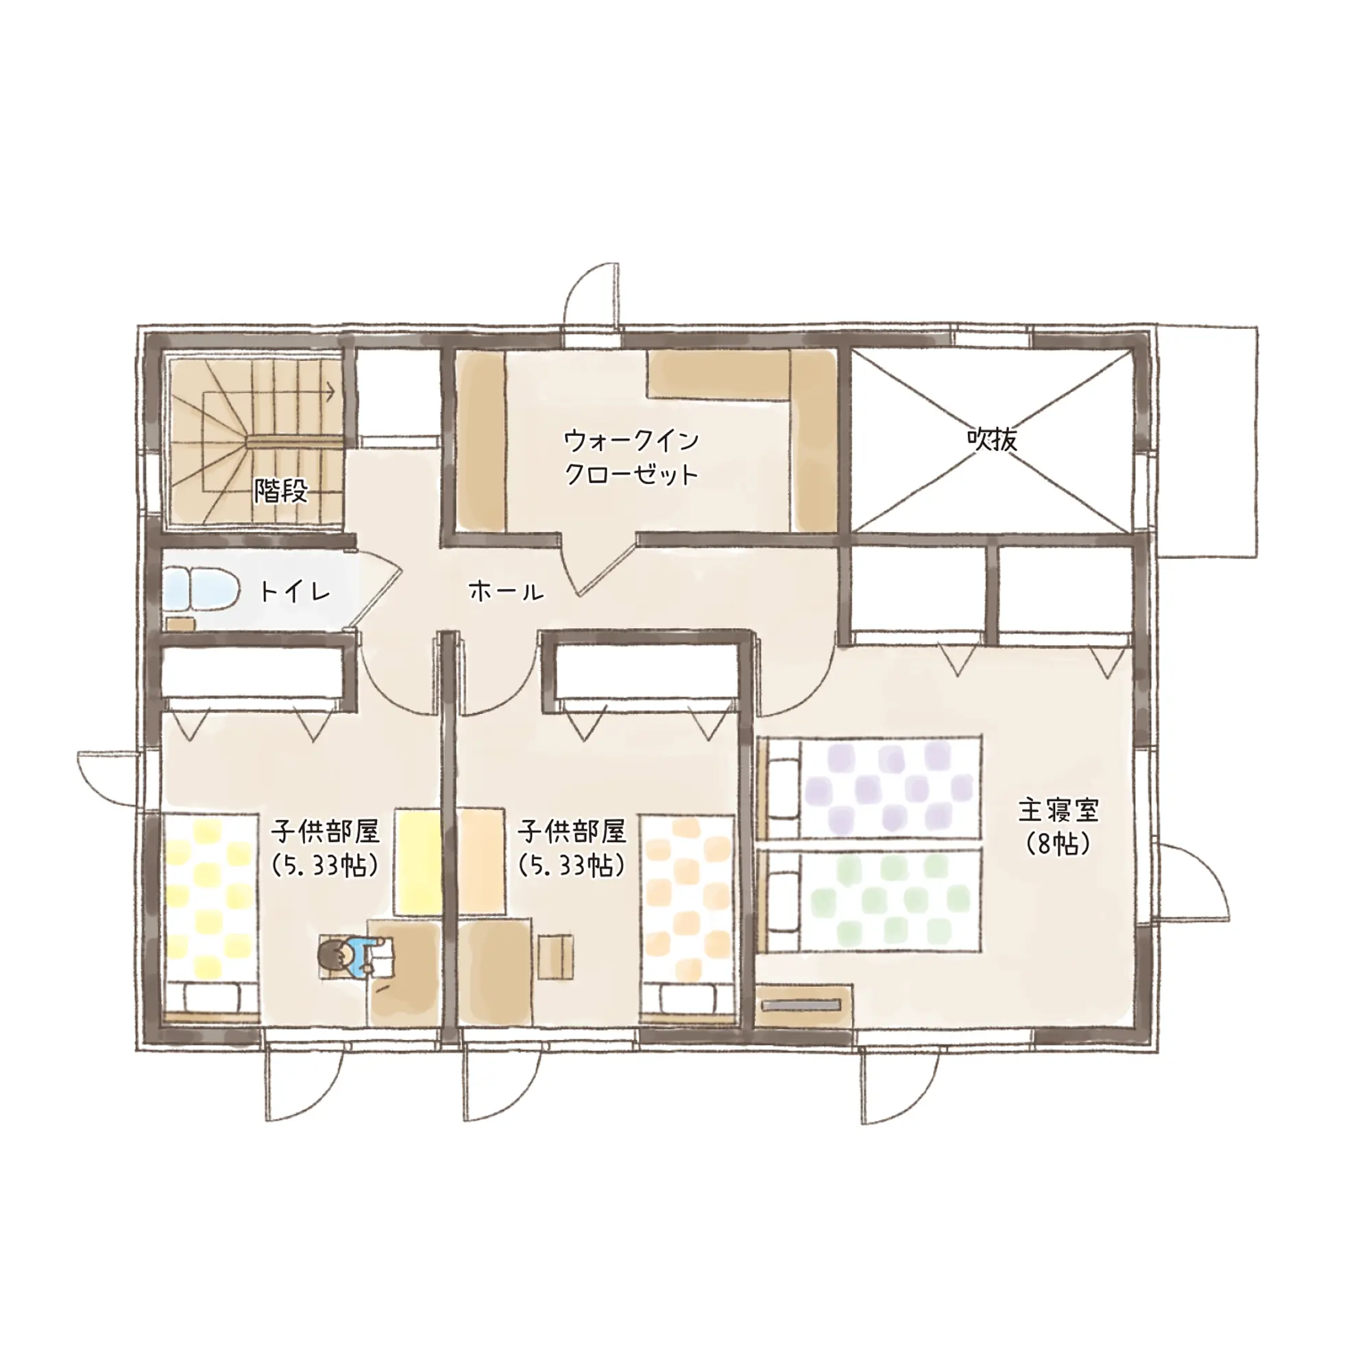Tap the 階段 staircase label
(x=282, y=491)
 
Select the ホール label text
(x=507, y=590)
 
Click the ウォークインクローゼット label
(x=631, y=457)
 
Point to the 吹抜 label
(x=991, y=439)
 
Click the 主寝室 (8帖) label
(x=1058, y=826)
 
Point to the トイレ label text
(x=295, y=590)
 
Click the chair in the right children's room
(x=555, y=957)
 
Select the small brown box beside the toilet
(x=181, y=624)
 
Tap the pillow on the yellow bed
(x=211, y=997)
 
